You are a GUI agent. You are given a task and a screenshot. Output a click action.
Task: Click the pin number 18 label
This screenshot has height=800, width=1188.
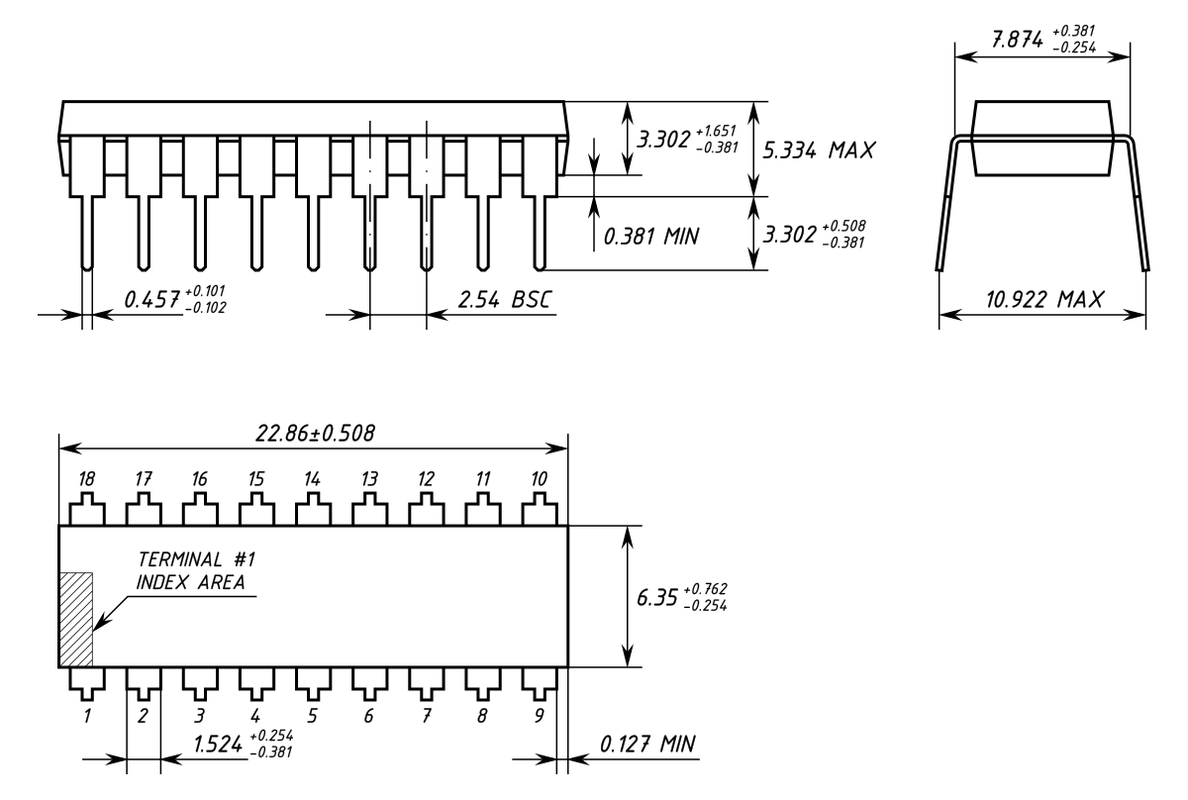click(87, 479)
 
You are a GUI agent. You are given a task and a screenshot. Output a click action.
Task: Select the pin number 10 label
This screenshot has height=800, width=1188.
click(539, 479)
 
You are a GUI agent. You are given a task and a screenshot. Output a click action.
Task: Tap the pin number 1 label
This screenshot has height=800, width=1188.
click(87, 716)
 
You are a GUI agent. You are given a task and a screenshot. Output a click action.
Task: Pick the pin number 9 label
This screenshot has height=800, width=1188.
click(539, 716)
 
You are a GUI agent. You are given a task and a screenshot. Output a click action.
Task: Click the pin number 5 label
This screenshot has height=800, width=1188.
click(313, 716)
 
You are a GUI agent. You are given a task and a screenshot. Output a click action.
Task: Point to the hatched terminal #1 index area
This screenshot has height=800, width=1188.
click(76, 619)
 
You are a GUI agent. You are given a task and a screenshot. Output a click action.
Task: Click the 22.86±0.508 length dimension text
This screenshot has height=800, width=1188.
click(315, 434)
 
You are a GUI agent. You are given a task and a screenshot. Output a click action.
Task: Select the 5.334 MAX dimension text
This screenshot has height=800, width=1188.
click(819, 150)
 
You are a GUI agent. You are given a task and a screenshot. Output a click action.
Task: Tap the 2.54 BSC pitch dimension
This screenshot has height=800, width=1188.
click(504, 300)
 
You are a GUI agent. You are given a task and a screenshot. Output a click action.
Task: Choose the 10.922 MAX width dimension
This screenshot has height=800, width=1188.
click(1044, 300)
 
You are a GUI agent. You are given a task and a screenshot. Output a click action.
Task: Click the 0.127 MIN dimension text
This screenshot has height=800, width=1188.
click(647, 745)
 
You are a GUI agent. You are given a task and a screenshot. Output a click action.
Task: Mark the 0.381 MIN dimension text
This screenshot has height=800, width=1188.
click(651, 236)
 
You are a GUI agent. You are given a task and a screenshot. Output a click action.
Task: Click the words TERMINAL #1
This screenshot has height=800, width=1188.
click(197, 559)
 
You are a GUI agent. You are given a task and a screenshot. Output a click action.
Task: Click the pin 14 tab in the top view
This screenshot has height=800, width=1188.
click(313, 509)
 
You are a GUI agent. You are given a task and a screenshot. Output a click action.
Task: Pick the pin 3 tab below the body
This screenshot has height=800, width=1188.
click(200, 683)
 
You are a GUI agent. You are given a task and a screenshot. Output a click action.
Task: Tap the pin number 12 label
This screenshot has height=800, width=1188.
click(426, 479)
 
